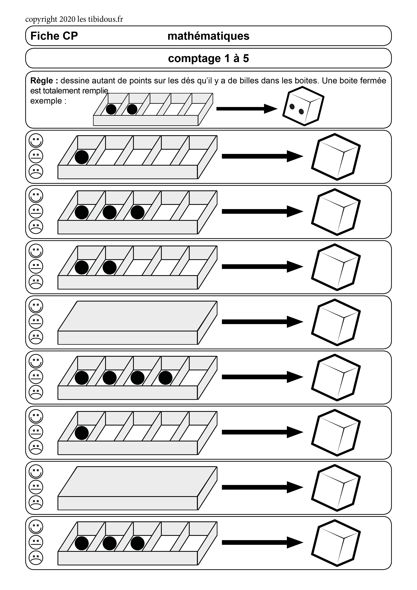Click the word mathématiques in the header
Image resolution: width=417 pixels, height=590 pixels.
pos(208,36)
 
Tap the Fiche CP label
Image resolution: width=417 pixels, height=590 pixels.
pos(54,36)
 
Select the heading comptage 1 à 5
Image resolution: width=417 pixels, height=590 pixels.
pos(208,58)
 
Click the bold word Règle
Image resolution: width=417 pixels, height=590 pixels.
pos(42,81)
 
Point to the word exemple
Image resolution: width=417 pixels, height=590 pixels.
pos(46,101)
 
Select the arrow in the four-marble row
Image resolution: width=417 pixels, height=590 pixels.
pos(262,377)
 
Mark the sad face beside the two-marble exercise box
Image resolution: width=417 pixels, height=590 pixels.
pos(36,282)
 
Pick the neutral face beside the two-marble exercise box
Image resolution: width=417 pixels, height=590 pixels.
pos(36,266)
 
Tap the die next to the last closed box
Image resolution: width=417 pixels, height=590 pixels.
pos(336,487)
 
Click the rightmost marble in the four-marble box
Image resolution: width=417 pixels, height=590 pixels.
pos(165,378)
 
